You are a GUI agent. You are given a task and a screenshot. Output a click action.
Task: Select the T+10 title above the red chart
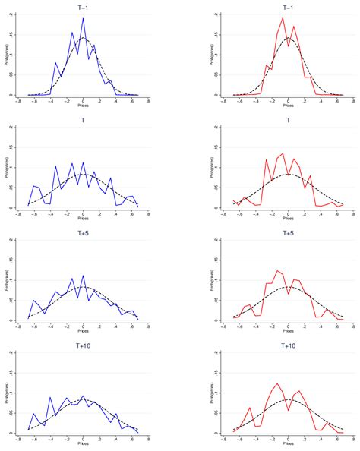pyautogui.click(x=288, y=344)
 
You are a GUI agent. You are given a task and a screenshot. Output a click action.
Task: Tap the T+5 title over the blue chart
pyautogui.click(x=83, y=232)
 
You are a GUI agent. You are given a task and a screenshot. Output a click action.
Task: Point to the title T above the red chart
pyautogui.click(x=288, y=119)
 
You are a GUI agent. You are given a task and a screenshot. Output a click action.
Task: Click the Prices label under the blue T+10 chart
pyautogui.click(x=83, y=446)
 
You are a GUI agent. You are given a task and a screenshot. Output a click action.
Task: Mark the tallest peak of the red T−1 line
pyautogui.click(x=283, y=18)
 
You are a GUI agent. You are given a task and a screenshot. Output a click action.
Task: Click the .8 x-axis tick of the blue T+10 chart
pyautogui.click(x=149, y=440)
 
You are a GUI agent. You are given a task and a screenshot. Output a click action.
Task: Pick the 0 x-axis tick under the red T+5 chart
pyautogui.click(x=288, y=328)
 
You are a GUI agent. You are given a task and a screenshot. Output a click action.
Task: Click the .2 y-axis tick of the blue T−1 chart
pyautogui.click(x=17, y=14)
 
